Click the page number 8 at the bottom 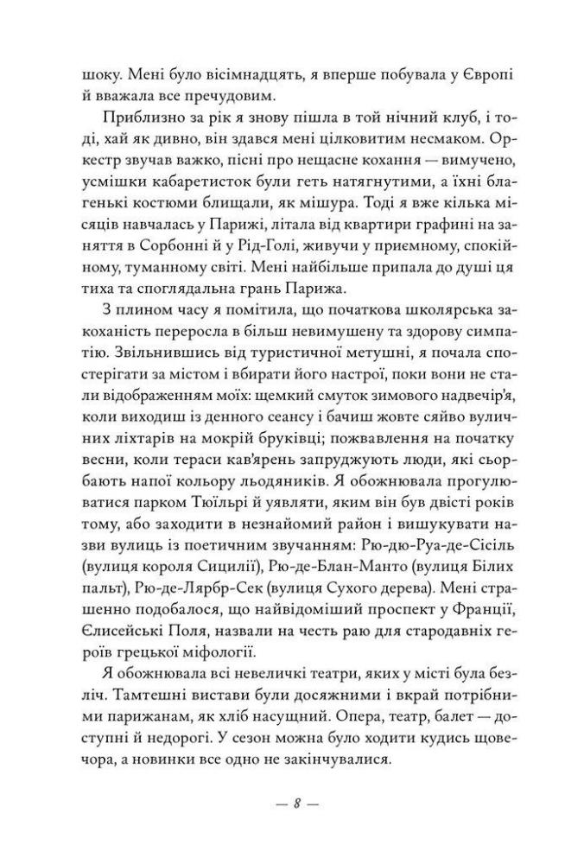[295, 804]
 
